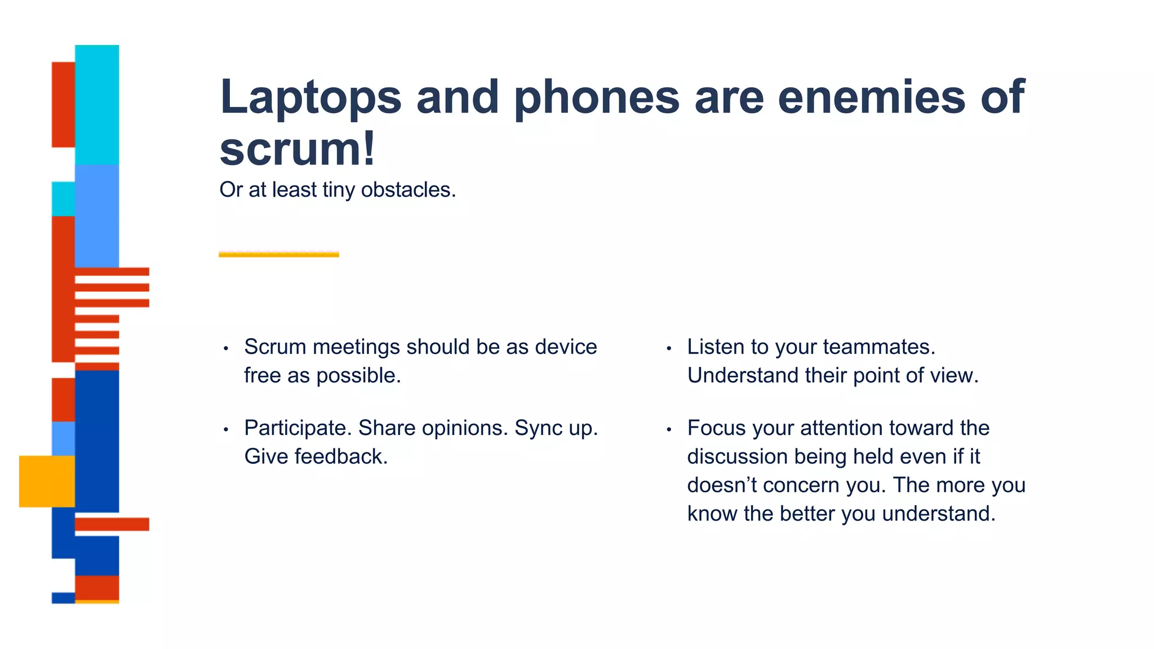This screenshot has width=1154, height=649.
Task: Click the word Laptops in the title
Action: [310, 97]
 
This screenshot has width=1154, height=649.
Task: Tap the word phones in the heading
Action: [597, 97]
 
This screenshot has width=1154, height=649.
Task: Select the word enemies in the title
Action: [871, 97]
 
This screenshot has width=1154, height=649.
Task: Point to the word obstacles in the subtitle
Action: [408, 190]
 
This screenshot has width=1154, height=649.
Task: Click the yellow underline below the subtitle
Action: [279, 255]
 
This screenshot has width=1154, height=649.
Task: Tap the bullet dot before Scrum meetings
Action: [225, 349]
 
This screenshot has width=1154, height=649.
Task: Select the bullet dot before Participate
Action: [225, 430]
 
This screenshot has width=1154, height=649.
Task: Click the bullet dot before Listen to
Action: [669, 349]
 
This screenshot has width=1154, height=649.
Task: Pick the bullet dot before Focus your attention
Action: [669, 430]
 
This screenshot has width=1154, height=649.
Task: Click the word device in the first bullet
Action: [566, 347]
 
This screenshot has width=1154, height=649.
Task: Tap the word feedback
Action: [341, 457]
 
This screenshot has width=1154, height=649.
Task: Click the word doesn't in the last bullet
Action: [722, 485]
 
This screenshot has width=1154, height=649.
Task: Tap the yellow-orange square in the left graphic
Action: [47, 481]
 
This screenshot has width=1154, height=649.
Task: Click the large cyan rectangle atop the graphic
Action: [97, 104]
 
